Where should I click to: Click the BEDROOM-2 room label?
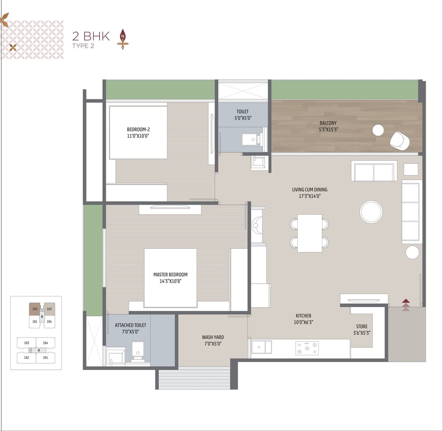(138, 129)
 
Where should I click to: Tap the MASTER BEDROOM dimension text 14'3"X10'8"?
(170, 281)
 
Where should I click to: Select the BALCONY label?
(328, 123)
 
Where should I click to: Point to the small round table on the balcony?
(378, 130)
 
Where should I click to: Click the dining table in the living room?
(309, 233)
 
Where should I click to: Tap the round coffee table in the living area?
(371, 212)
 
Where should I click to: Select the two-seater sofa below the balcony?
(374, 172)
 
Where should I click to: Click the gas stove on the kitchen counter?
(307, 348)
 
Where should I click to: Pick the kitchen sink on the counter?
(261, 347)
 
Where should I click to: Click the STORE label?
(362, 326)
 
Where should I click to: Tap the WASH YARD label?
(213, 337)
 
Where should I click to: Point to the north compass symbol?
(123, 38)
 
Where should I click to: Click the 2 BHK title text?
(91, 36)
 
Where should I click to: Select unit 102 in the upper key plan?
(35, 309)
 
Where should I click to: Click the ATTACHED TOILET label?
(130, 325)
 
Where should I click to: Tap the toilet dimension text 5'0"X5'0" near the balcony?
(243, 118)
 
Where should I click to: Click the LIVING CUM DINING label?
(309, 190)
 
